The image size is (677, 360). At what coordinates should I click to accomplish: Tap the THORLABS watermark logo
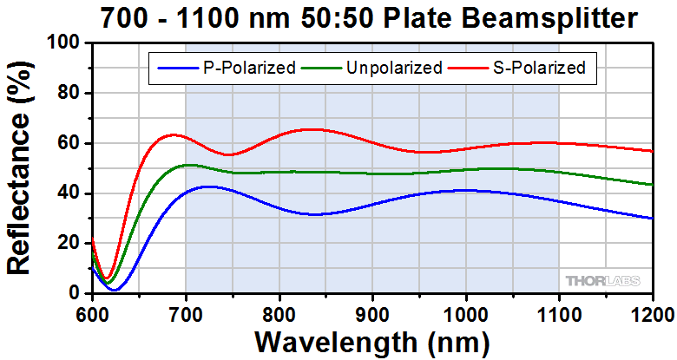604,280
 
